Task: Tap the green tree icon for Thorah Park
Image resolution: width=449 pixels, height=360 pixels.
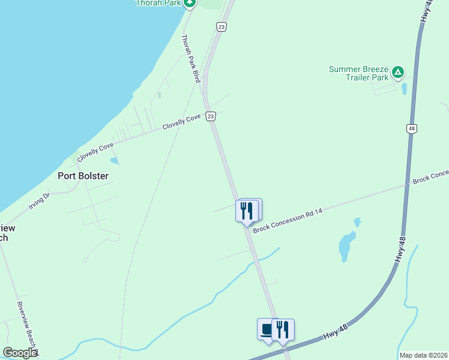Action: click(190, 3)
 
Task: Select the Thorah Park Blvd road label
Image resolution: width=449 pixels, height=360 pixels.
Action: click(191, 58)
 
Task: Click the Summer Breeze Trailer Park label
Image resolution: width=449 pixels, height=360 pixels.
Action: click(359, 73)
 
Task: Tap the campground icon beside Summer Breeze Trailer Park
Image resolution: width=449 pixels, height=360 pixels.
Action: click(397, 73)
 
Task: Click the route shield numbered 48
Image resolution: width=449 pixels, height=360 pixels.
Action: click(411, 128)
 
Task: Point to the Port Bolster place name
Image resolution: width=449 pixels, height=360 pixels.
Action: click(83, 176)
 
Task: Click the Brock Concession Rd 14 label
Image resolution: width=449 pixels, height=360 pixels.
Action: click(284, 221)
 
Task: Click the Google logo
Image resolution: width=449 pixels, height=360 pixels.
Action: click(20, 353)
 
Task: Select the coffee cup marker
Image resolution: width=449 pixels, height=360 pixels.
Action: click(267, 329)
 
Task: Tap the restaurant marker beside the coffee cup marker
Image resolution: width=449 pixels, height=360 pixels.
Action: click(283, 329)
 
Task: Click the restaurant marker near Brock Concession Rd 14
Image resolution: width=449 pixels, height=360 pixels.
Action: click(247, 211)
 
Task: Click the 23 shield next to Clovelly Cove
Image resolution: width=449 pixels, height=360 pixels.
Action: click(210, 116)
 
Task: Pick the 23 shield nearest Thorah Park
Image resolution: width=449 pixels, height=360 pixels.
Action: click(221, 27)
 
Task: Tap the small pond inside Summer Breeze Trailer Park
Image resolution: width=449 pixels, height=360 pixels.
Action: click(404, 89)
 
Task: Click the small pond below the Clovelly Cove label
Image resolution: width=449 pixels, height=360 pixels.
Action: click(114, 161)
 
